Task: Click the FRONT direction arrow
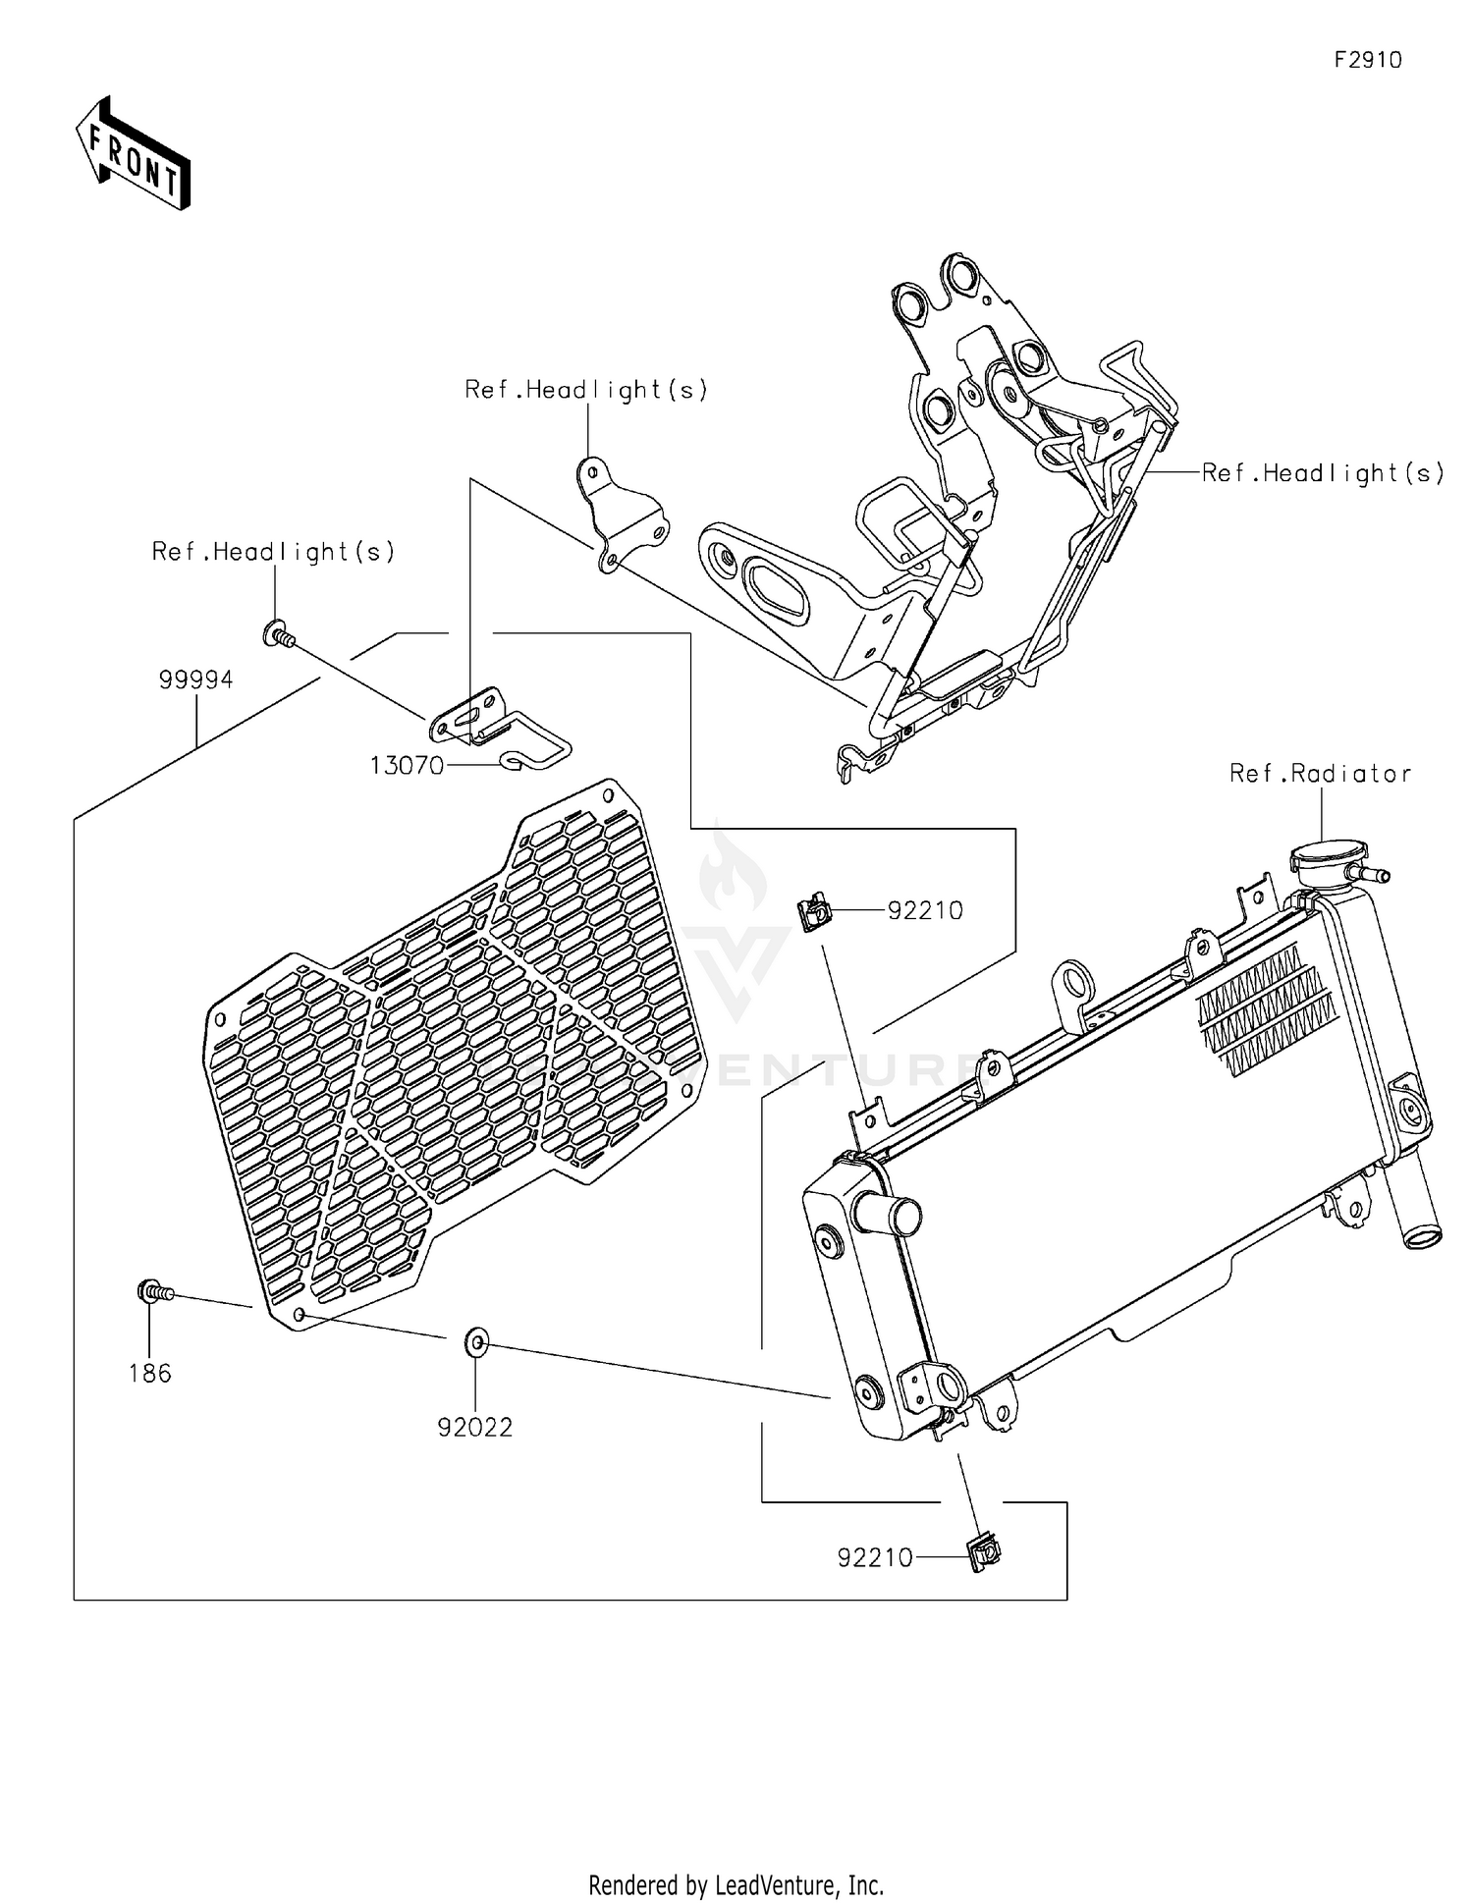[133, 153]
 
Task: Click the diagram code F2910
[1367, 60]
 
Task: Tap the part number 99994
[195, 680]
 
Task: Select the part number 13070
[407, 766]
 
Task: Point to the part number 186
[149, 1374]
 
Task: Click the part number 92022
[475, 1427]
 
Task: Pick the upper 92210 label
[925, 910]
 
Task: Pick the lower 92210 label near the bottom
[875, 1557]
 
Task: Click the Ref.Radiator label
[1320, 774]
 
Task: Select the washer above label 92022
[476, 1340]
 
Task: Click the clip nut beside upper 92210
[814, 913]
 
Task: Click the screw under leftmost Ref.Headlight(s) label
[278, 635]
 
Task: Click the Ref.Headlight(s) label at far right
[1323, 473]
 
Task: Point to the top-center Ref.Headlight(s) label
[586, 390]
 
